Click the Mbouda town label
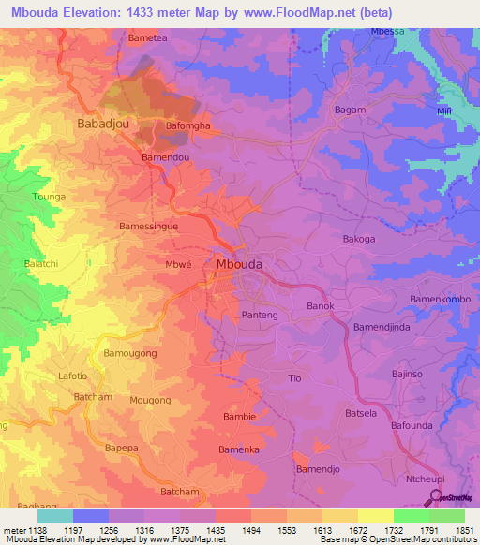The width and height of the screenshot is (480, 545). [x=239, y=265]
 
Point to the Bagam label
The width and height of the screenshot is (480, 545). [x=350, y=110]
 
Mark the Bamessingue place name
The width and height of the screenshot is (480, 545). [x=150, y=227]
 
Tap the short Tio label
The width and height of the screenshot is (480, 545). [x=294, y=378]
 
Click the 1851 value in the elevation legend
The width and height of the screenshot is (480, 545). [x=464, y=529]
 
